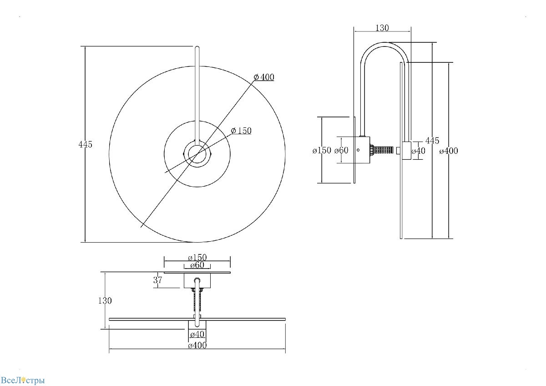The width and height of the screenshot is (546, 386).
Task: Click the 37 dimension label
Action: point(157,280)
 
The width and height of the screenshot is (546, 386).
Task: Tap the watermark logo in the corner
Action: point(23,380)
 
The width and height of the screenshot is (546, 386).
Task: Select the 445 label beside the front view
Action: point(86,144)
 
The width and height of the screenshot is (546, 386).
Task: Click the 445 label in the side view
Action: point(432,141)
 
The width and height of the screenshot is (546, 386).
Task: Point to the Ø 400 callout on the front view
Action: point(264,77)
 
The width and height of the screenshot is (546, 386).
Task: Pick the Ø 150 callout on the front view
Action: point(241,131)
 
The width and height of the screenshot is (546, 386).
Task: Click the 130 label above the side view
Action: point(382,28)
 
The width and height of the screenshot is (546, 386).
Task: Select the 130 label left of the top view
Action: point(105,301)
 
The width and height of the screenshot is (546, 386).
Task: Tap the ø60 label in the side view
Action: point(341,151)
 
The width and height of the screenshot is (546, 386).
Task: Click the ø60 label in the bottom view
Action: point(197,265)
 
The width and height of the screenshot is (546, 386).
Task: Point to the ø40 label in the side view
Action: point(418,151)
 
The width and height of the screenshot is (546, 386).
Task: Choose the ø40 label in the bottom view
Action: point(197,334)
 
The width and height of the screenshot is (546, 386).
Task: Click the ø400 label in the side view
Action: point(449,151)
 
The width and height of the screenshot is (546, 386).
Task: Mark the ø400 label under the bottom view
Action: point(197,345)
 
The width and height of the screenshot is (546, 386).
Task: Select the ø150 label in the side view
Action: point(322,151)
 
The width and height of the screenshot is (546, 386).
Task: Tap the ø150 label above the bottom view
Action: point(197,257)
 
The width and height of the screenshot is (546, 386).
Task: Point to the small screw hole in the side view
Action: point(358,150)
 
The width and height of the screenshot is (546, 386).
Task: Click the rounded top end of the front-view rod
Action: point(197,47)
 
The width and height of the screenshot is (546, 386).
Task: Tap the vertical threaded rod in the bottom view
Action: point(197,302)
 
